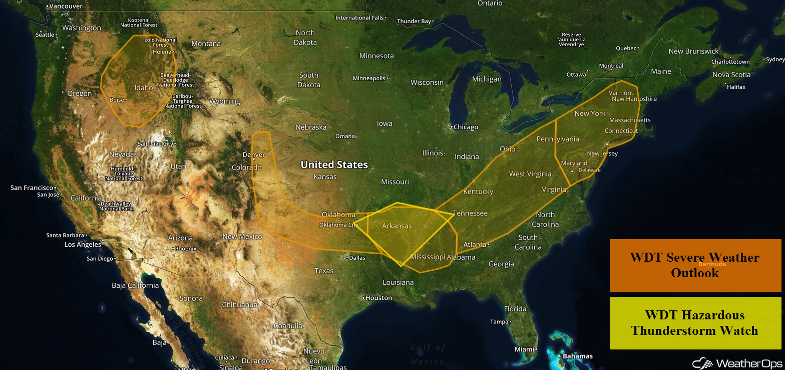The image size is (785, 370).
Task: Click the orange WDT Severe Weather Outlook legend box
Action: coord(695,265)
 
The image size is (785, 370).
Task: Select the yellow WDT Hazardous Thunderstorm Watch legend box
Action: coord(695,322)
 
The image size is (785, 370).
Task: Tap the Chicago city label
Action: coord(466,127)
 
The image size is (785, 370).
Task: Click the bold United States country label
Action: coord(334,164)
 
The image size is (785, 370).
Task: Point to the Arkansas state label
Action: coord(397,226)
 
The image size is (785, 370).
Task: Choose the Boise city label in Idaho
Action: coord(117,100)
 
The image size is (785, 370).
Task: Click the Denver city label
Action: coord(253,155)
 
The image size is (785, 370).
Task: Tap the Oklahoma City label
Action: coord(339,225)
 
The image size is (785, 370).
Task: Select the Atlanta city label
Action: coord(475,245)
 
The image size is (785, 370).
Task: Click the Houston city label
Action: coord(378,298)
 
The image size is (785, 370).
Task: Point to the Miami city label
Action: coord(524,349)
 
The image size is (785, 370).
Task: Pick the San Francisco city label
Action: coord(30,188)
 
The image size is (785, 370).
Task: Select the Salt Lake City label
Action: coord(155,144)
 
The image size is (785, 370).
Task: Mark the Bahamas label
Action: coord(577,356)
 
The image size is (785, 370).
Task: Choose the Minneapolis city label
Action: coord(369,78)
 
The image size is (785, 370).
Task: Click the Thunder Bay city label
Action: coord(414,22)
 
